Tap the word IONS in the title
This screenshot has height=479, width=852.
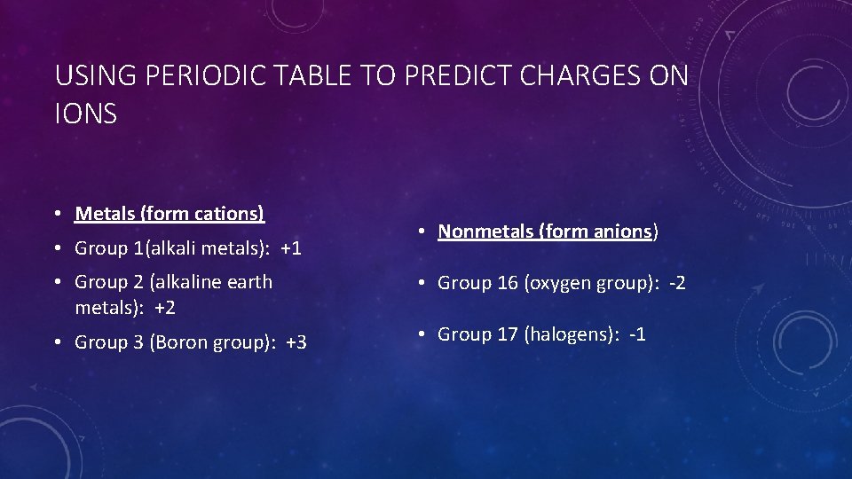click(x=85, y=114)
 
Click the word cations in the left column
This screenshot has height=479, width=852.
click(x=227, y=214)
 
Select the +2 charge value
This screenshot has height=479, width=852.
click(x=164, y=309)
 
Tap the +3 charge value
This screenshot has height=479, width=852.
click(x=296, y=342)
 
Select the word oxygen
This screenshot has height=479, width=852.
click(x=558, y=284)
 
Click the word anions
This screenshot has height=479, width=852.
click(x=622, y=232)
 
